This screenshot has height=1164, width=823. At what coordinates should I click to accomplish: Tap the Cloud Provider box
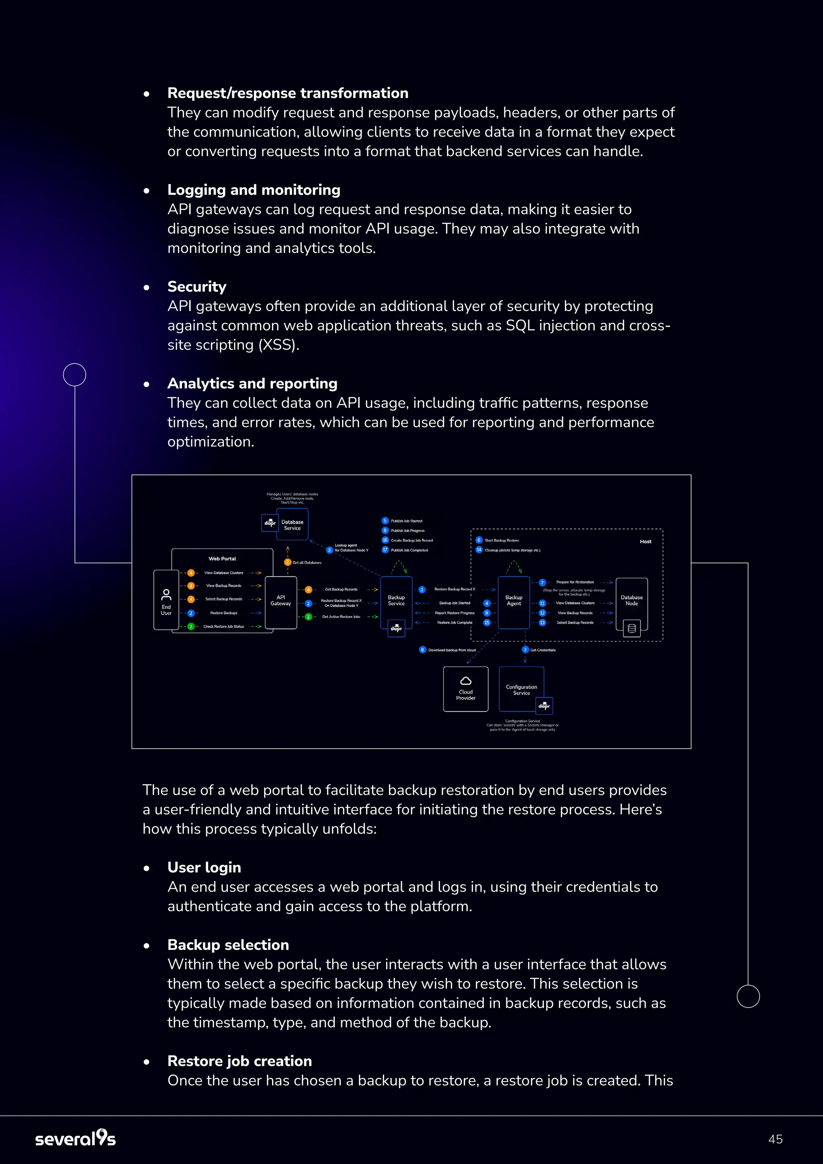click(x=466, y=689)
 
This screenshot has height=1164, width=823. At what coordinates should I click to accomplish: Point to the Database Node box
click(x=631, y=601)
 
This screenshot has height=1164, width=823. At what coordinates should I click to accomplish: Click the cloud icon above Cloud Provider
click(x=466, y=681)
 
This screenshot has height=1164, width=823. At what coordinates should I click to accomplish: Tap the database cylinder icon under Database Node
click(x=631, y=629)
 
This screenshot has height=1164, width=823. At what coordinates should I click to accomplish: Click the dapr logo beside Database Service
click(x=270, y=523)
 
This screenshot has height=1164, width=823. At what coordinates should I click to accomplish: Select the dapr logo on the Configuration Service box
click(x=544, y=706)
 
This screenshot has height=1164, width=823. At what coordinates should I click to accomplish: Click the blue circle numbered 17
click(x=385, y=550)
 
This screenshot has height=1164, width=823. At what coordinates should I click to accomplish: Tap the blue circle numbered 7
click(x=542, y=582)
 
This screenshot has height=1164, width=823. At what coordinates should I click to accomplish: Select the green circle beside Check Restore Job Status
click(x=191, y=627)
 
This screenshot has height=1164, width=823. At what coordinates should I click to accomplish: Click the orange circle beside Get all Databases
click(x=288, y=562)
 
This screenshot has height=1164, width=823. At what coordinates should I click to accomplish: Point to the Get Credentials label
click(x=543, y=650)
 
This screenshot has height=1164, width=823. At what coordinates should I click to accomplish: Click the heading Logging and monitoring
click(x=254, y=190)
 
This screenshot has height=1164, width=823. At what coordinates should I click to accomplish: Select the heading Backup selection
click(x=228, y=945)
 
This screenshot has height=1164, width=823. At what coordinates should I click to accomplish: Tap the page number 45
click(x=775, y=1139)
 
